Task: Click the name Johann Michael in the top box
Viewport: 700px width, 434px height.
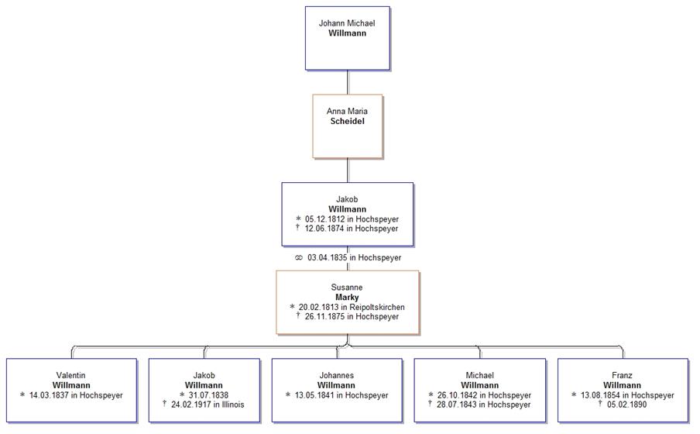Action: (x=347, y=23)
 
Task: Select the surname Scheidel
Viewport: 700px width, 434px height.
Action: (x=347, y=122)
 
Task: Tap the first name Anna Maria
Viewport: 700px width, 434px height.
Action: (x=347, y=112)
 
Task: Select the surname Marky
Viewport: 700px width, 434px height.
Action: (x=347, y=298)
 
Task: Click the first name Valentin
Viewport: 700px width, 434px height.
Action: (x=71, y=376)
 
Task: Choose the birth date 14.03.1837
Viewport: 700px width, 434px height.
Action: (x=54, y=395)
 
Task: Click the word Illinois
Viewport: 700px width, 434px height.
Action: (x=231, y=405)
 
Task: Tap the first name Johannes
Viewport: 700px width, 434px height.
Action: (x=336, y=376)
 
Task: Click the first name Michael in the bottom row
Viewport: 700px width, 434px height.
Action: (x=479, y=376)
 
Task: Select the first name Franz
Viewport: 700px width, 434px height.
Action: (x=622, y=376)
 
